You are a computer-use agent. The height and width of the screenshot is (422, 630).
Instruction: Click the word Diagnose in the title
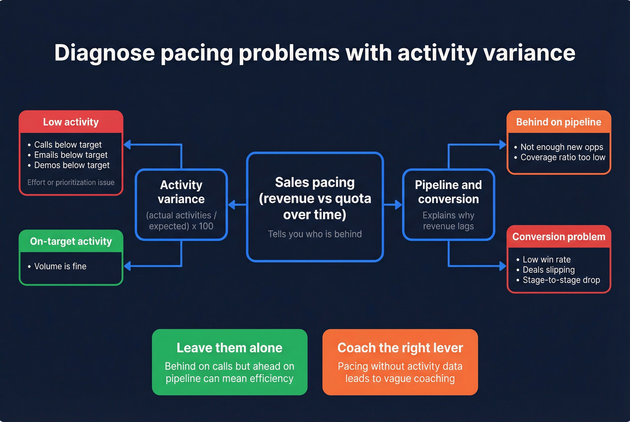[104, 53]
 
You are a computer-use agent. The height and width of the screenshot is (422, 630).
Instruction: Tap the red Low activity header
[71, 122]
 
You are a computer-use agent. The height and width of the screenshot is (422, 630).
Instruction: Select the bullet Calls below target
[68, 145]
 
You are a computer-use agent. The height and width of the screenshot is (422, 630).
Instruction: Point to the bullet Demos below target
[72, 165]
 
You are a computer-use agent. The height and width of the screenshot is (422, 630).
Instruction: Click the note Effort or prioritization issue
[71, 182]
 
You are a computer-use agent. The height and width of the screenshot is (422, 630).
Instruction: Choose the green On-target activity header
[71, 241]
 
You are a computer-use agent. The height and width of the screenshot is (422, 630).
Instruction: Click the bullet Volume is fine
[60, 267]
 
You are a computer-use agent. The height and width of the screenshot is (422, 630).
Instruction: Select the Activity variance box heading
[181, 192]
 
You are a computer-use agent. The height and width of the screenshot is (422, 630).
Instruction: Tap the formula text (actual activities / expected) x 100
[181, 221]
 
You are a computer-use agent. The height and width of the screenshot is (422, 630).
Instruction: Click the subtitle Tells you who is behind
[315, 234]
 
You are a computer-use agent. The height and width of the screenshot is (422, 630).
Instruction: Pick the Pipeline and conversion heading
[448, 192]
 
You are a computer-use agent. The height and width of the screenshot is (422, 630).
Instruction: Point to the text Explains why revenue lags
[448, 221]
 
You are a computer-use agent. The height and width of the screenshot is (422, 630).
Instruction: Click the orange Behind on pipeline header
[558, 122]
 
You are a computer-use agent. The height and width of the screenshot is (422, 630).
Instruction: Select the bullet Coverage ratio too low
[562, 157]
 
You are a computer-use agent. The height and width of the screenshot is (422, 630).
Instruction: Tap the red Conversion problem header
[558, 237]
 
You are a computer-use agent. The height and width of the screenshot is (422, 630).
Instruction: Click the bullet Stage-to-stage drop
[561, 280]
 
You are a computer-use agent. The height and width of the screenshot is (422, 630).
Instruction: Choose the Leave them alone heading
[229, 348]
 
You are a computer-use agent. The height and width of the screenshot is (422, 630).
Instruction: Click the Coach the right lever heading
[400, 348]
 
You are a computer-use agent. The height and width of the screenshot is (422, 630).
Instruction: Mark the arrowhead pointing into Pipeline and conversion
[398, 205]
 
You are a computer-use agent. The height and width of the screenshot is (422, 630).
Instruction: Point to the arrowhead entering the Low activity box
[127, 145]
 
